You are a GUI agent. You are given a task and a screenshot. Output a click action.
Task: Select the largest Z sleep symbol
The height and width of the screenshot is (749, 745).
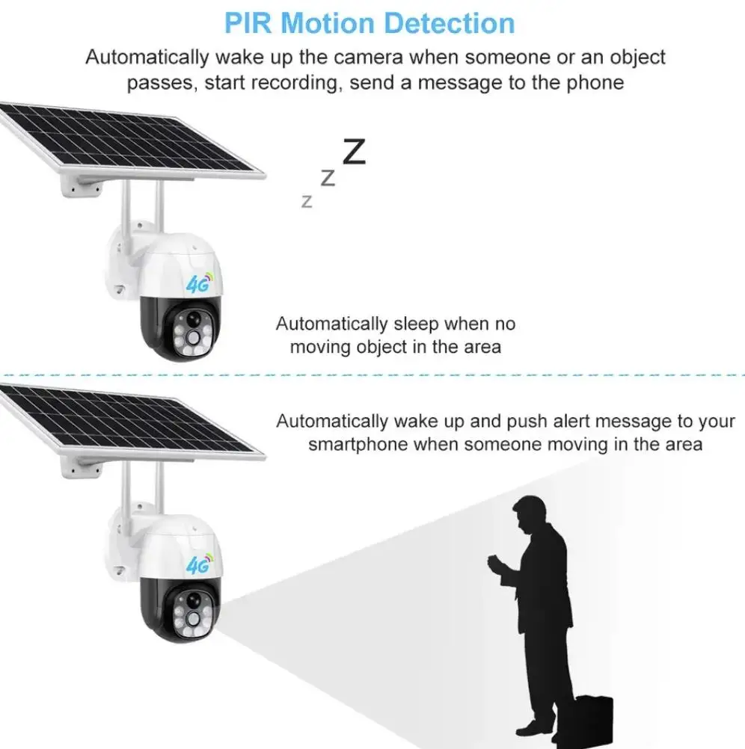[354, 152]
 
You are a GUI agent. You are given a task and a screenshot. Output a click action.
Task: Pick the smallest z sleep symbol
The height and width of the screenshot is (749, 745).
[306, 201]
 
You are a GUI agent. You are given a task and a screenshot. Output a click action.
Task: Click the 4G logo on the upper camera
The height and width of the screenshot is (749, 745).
[199, 284]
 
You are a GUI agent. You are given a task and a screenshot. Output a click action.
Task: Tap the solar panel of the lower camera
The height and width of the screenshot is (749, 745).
[131, 423]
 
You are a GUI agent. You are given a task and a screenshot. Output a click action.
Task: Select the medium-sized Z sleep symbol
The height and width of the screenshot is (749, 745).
[328, 178]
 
